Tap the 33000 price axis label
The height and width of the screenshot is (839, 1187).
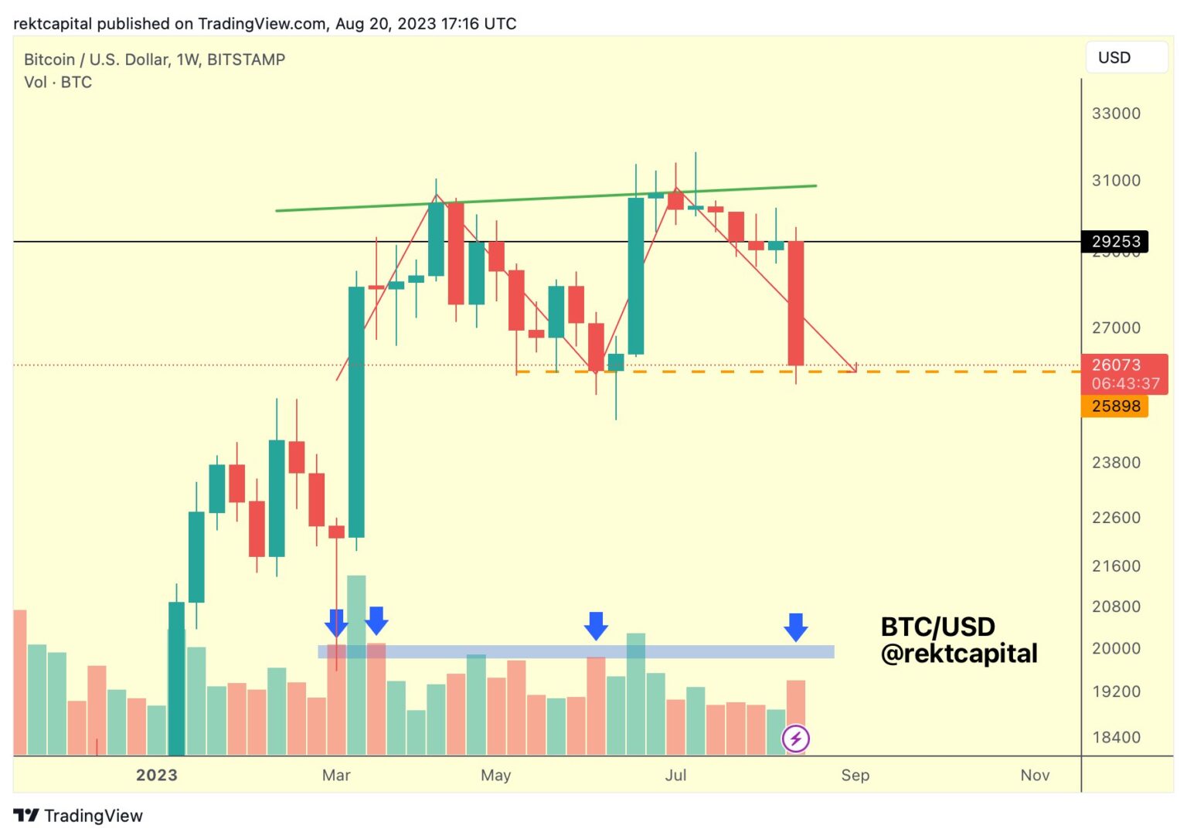[x=1116, y=114]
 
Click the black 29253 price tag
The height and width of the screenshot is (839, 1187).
[x=1115, y=241]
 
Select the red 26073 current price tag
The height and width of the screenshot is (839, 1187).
[x=1115, y=365]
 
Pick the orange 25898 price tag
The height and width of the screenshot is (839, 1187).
[x=1115, y=406]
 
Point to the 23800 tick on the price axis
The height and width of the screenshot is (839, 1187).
[x=1116, y=463]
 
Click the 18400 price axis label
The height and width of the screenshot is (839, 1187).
[x=1116, y=738]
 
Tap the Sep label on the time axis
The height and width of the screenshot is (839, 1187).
[x=855, y=775]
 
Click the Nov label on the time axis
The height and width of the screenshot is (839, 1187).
[x=1035, y=775]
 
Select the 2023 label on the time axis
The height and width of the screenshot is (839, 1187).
[x=157, y=775]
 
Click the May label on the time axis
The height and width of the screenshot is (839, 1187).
[x=495, y=775]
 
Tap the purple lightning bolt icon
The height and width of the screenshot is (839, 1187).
[x=795, y=739]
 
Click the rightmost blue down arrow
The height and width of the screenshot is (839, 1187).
[x=795, y=627]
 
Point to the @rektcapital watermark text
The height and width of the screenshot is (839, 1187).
[x=959, y=654]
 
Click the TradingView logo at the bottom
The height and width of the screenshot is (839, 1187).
[x=78, y=816]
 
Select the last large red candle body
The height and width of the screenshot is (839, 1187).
[x=795, y=303]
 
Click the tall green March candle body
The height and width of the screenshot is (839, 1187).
[x=356, y=411]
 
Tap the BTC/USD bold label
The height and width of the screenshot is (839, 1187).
[x=937, y=627]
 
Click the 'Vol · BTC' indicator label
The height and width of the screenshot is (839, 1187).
[x=58, y=82]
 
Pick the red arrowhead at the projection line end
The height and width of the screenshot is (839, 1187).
[x=853, y=369]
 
